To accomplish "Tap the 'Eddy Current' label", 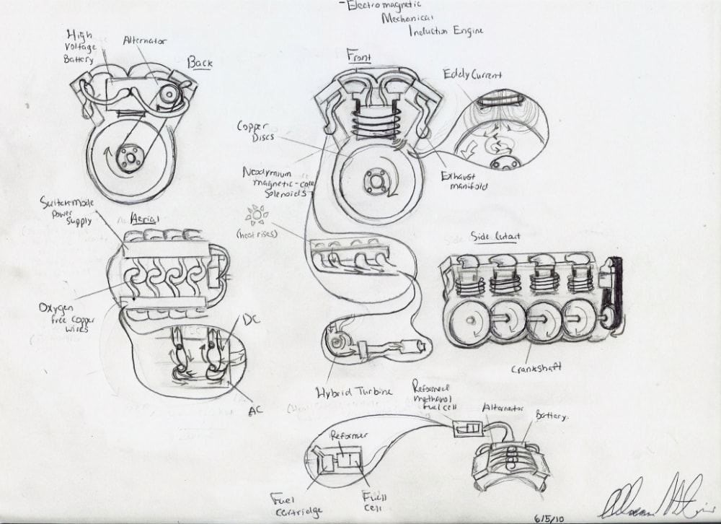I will (x=472, y=74).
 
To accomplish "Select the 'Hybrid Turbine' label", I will (x=355, y=391).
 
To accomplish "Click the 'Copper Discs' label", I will (x=254, y=131).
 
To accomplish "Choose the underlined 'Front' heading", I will (x=358, y=55).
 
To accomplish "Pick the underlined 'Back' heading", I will (x=200, y=63).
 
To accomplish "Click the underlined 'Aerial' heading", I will (x=145, y=218).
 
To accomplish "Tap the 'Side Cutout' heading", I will (x=497, y=236).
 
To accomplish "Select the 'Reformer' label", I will (x=350, y=436).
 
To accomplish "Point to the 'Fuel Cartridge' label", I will (x=291, y=504).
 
